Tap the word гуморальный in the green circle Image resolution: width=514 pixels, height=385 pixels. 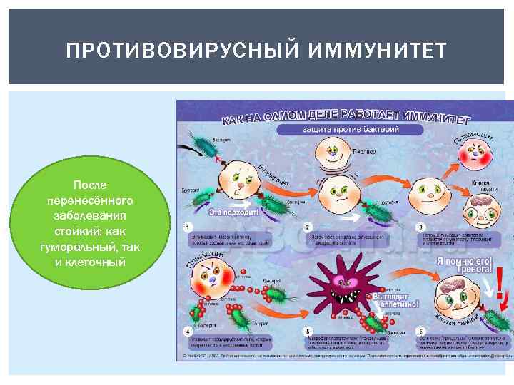click(x=74, y=247)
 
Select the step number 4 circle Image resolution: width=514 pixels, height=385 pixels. click(x=187, y=330)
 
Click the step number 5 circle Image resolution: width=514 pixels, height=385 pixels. click(x=308, y=330)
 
